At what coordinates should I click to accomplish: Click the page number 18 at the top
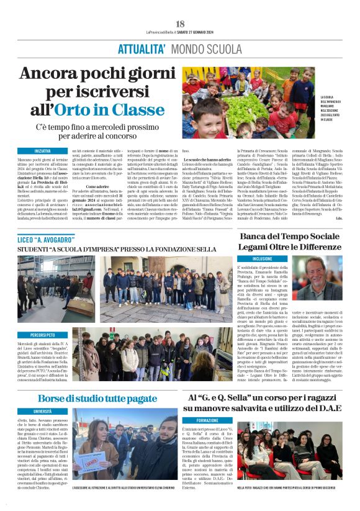180,24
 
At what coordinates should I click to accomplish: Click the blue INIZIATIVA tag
43,151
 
